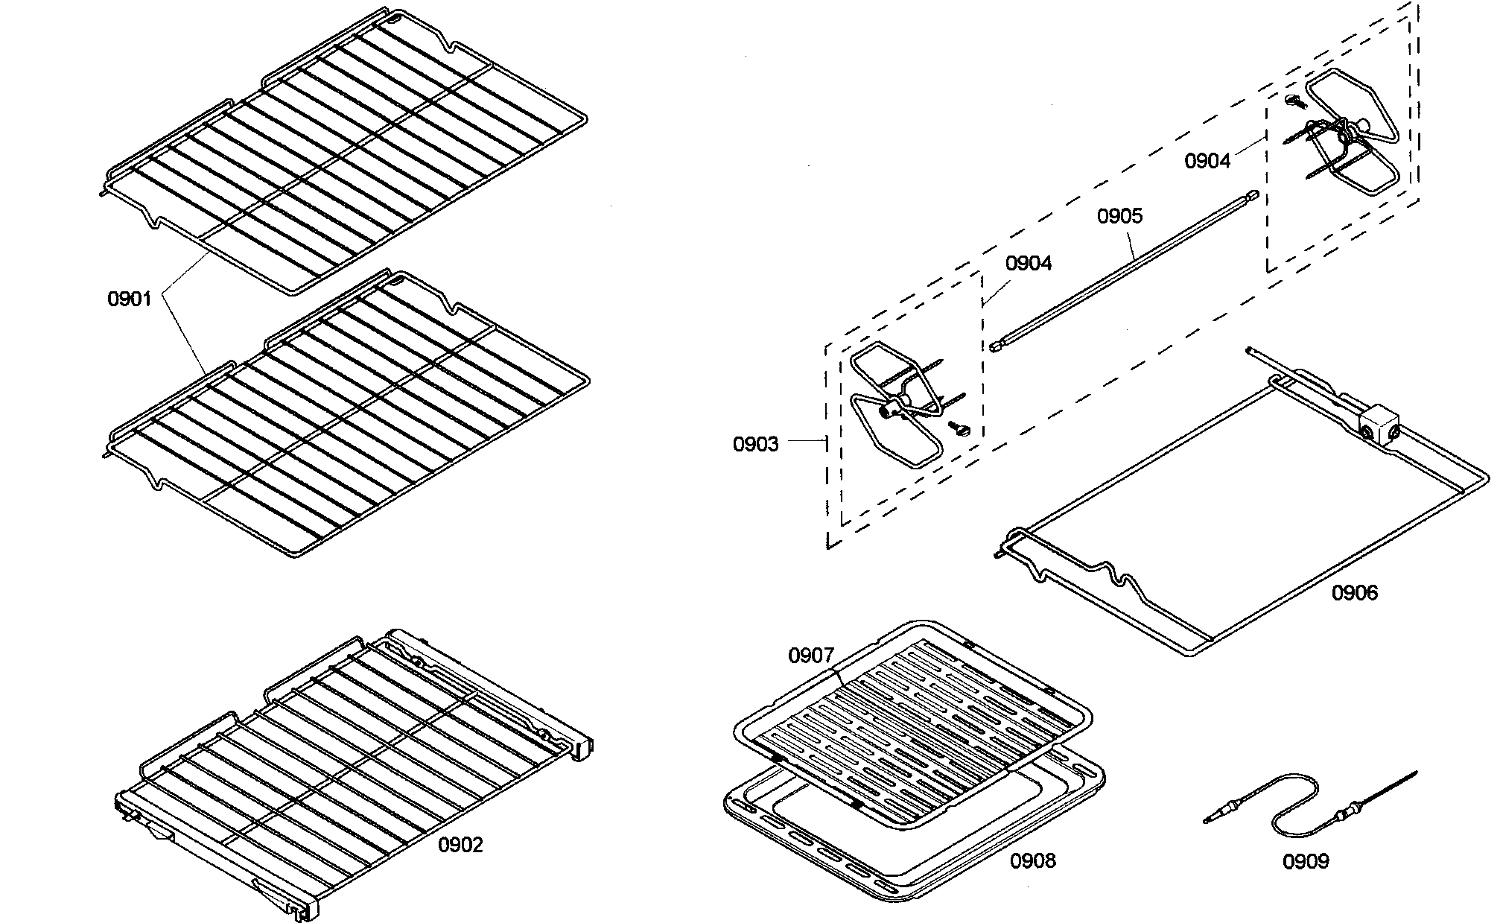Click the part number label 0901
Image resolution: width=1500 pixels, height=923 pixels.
pyautogui.click(x=130, y=299)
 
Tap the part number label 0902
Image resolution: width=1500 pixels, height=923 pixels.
pyautogui.click(x=460, y=845)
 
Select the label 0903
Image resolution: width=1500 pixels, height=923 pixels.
pyautogui.click(x=755, y=444)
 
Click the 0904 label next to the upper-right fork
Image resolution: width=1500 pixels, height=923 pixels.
pyautogui.click(x=1207, y=160)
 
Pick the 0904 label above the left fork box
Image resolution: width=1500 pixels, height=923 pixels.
pyautogui.click(x=1028, y=263)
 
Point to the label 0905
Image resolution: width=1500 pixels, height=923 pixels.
pyautogui.click(x=1119, y=216)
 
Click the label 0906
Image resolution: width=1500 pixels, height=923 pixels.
pyautogui.click(x=1355, y=593)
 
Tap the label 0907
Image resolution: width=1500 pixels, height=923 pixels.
pyautogui.click(x=811, y=656)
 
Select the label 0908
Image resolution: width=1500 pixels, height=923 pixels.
pyautogui.click(x=1032, y=860)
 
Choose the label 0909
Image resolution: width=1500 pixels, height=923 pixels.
pyautogui.click(x=1305, y=861)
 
